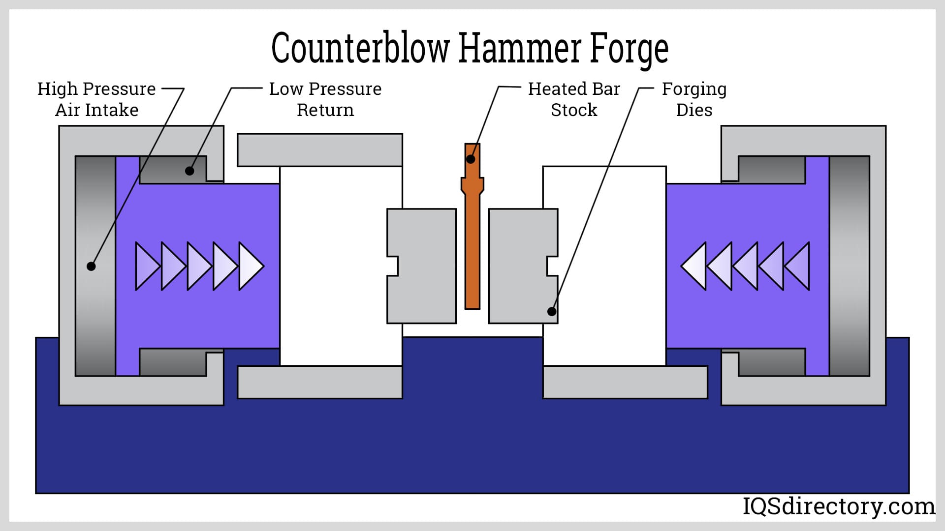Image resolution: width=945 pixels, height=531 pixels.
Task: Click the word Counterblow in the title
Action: coord(360,48)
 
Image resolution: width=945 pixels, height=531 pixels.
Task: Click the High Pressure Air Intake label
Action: coord(96,99)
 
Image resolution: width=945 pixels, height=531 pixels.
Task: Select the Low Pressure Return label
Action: coord(325,99)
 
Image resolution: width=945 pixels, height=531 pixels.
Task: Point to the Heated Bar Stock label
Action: coord(574,99)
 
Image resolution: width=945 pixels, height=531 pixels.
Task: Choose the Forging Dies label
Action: coord(694,99)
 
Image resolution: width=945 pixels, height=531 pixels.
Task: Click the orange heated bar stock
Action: coord(472,246)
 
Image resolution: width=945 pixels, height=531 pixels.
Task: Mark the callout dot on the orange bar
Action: coord(471,159)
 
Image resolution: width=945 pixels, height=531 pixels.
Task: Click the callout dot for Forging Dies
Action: coord(552,311)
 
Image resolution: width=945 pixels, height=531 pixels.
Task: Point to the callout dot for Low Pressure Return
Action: coord(189,171)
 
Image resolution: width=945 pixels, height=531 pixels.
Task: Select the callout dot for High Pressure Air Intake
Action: coord(91,266)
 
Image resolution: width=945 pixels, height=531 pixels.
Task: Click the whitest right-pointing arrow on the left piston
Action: coord(251,266)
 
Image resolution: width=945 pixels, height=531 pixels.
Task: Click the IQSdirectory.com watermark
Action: coord(838,506)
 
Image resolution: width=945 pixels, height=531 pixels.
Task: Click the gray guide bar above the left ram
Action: coord(320,150)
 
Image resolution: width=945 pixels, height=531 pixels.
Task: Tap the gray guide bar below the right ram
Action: coord(625,382)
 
